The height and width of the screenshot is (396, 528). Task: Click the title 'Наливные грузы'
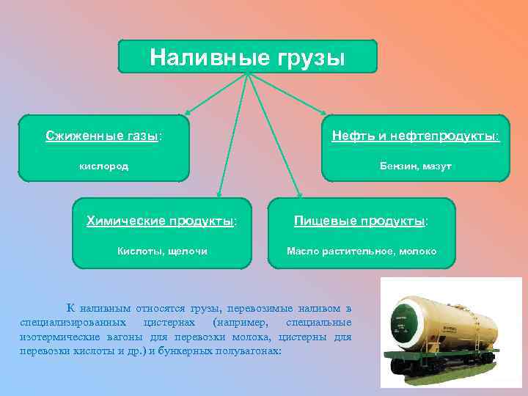click(x=247, y=56)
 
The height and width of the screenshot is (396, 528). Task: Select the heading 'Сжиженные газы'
click(x=103, y=136)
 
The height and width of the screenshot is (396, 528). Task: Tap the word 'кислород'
click(x=103, y=166)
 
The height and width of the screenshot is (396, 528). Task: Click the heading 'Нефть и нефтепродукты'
click(x=415, y=136)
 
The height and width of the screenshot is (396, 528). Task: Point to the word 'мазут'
click(x=437, y=166)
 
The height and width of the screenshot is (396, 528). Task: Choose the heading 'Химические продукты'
click(x=161, y=221)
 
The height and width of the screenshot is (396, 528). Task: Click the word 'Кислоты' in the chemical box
click(x=140, y=252)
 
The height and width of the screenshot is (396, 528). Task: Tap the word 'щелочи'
click(x=187, y=252)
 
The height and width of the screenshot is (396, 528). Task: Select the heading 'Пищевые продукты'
click(x=362, y=221)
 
